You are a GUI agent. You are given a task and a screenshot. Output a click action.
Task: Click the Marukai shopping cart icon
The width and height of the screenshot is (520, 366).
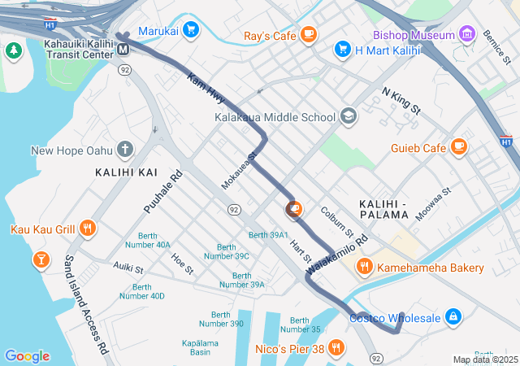(191, 31)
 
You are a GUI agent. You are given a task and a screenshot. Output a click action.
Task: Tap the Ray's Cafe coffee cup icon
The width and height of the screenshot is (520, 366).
(308, 34)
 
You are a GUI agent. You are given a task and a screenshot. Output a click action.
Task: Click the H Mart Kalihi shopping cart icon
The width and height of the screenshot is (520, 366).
(343, 50)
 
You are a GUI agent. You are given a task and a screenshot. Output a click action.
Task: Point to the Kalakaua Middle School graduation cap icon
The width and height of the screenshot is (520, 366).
(349, 116)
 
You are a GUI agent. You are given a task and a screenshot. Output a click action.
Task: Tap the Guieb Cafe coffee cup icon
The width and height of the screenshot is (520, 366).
(460, 147)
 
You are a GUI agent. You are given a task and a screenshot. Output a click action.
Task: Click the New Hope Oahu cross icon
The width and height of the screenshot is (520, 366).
(124, 149)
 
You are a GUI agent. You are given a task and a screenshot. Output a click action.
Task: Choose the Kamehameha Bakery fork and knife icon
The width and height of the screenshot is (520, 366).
(365, 267)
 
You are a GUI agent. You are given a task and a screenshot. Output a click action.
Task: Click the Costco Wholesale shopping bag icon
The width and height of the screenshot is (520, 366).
(453, 316)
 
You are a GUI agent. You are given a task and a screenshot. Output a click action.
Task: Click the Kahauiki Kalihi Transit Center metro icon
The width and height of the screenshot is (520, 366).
(123, 49)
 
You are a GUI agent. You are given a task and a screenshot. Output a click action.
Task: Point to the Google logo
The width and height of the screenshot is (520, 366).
(27, 356)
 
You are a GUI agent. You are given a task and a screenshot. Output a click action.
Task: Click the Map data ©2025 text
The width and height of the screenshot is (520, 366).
(484, 359)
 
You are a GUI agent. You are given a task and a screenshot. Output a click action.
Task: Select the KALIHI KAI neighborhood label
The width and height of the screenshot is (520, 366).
(126, 172)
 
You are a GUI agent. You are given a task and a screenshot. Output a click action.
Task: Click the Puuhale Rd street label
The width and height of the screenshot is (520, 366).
(163, 192)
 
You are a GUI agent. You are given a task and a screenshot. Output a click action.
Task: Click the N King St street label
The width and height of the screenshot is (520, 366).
(401, 101)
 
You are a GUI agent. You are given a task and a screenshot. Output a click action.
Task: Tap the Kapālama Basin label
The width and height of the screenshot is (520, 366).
(194, 347)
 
